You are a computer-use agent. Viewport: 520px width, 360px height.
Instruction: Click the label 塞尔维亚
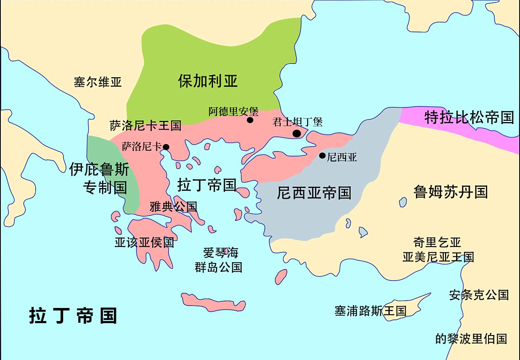click(98, 82)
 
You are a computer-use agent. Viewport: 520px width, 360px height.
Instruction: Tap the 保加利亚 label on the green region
click(208, 81)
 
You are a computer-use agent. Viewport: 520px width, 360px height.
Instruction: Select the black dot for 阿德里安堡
click(250, 120)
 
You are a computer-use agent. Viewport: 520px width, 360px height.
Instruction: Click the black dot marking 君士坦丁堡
click(297, 134)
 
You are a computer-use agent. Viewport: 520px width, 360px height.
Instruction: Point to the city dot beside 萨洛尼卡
click(166, 147)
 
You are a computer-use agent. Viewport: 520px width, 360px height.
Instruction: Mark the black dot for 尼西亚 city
click(322, 156)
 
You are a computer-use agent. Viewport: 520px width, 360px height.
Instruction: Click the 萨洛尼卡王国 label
click(145, 125)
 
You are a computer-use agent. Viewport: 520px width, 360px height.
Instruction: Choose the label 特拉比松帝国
click(469, 118)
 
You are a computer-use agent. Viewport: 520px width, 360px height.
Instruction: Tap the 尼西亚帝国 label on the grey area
click(314, 192)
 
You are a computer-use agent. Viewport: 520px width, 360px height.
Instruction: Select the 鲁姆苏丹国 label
click(451, 192)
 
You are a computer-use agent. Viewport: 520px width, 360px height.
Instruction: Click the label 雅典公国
click(173, 207)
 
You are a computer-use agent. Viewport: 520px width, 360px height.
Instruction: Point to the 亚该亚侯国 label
click(144, 242)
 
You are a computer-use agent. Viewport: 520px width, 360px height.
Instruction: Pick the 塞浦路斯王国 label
click(370, 311)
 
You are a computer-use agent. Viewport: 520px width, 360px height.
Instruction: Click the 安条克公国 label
click(479, 295)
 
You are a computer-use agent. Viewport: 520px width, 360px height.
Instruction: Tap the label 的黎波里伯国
click(471, 339)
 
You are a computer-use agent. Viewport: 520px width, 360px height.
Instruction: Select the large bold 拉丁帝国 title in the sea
click(73, 316)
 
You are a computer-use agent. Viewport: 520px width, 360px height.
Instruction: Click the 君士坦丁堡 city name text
click(297, 122)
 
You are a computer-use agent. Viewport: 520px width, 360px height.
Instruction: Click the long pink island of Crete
click(213, 302)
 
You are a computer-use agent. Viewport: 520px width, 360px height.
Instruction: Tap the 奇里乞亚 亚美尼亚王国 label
click(438, 250)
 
